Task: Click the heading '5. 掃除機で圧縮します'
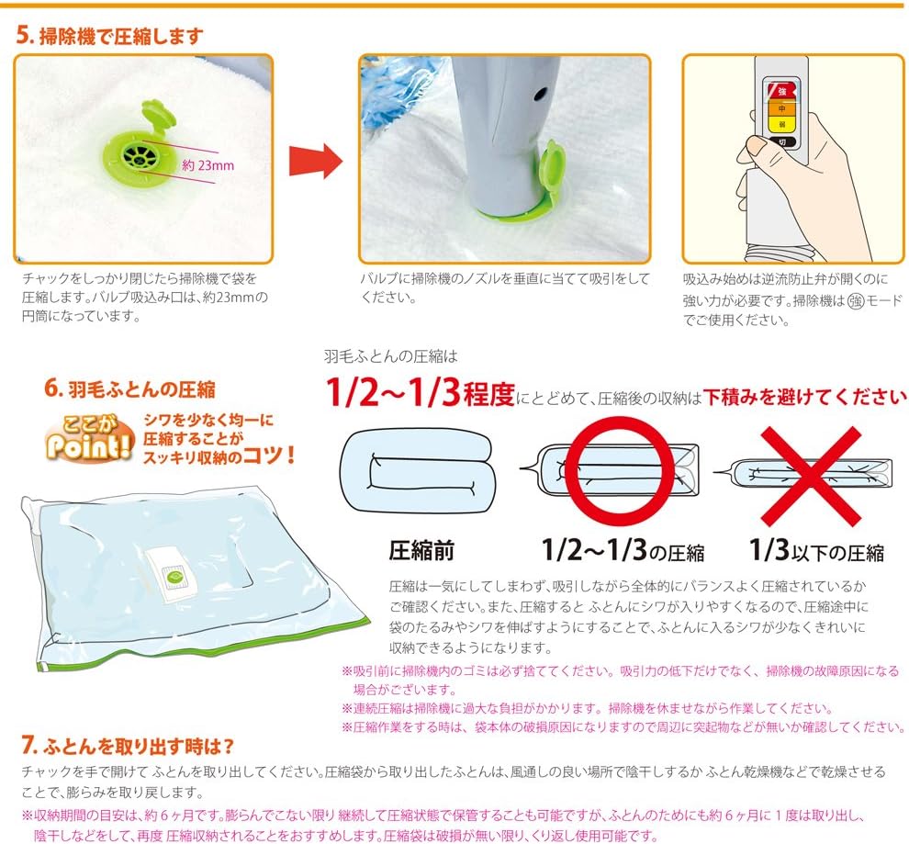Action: pyautogui.click(x=109, y=37)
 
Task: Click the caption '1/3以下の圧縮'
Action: pyautogui.click(x=816, y=552)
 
